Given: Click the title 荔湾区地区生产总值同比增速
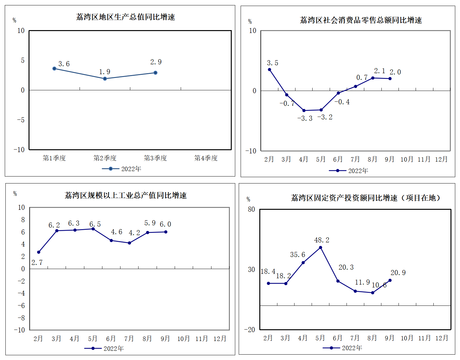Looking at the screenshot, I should tap(126, 17).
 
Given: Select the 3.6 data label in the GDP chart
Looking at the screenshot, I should tap(64, 64).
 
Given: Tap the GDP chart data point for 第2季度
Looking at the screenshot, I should tap(105, 79).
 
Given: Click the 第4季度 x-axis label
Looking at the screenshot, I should tap(206, 158).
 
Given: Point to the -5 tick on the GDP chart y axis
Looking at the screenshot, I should tap(21, 120).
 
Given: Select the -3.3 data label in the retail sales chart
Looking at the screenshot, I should tap(305, 119).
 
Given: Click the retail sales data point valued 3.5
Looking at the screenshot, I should tap(269, 70).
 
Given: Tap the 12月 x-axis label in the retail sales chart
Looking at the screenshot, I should tap(441, 159).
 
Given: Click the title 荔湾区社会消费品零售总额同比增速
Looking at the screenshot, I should tap(361, 20).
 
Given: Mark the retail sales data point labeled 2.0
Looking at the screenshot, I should tap(390, 79).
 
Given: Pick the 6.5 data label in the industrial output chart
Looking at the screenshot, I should tap(95, 224).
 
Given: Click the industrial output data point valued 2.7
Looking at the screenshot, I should tap(39, 252).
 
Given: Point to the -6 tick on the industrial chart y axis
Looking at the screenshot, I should tap(21, 305).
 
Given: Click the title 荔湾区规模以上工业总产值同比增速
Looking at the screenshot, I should tap(126, 196).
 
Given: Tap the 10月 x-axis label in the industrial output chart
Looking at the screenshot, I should tap(183, 339).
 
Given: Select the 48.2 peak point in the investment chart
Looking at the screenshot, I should tap(321, 248).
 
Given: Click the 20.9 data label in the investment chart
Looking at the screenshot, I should tap(398, 273).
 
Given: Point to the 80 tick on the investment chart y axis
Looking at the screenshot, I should tap(251, 209).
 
